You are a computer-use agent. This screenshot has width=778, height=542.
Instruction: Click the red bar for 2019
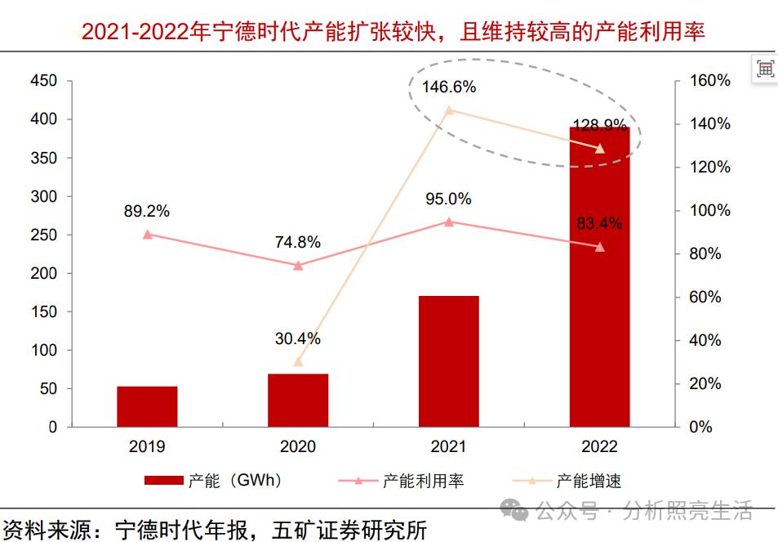click(147, 406)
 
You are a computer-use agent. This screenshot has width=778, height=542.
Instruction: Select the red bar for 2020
click(298, 401)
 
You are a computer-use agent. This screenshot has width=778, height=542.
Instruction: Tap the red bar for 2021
click(448, 361)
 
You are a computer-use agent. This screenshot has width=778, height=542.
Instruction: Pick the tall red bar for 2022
click(599, 278)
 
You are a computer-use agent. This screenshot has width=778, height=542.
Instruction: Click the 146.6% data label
click(448, 87)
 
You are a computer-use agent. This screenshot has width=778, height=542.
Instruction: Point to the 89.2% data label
click(147, 211)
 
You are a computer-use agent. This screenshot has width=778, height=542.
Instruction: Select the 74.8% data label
click(298, 242)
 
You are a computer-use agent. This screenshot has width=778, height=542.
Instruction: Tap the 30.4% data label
click(298, 338)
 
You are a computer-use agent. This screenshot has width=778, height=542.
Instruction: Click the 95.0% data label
click(448, 199)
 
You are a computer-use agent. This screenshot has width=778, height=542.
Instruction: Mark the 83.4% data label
click(599, 223)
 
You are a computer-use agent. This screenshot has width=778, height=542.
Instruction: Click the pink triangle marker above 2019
click(148, 235)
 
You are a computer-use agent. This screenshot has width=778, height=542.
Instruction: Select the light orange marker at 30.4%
click(298, 361)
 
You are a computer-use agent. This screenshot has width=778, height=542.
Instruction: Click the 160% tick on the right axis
click(709, 80)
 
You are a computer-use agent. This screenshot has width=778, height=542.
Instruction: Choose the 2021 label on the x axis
click(448, 447)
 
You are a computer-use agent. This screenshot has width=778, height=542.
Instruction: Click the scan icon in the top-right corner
click(765, 69)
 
